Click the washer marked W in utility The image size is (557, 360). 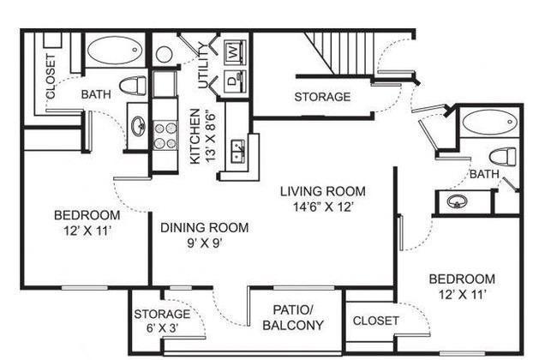coord(234,52)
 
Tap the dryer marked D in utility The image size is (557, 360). coord(234,81)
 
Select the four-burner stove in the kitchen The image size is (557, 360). coord(165,135)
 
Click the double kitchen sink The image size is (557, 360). coord(237,152)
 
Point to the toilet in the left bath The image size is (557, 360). coord(133,86)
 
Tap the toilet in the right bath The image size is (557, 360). coord(502,157)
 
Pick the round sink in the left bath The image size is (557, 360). coord(138,127)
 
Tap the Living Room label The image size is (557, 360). coord(322,191)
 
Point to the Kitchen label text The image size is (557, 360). coord(195,136)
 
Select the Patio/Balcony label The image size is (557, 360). coord(293,317)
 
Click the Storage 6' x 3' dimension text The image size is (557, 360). coord(162,327)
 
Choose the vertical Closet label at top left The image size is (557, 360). coord(51,76)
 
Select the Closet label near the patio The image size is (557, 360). coord(375,321)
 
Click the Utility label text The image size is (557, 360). coord(203,65)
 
